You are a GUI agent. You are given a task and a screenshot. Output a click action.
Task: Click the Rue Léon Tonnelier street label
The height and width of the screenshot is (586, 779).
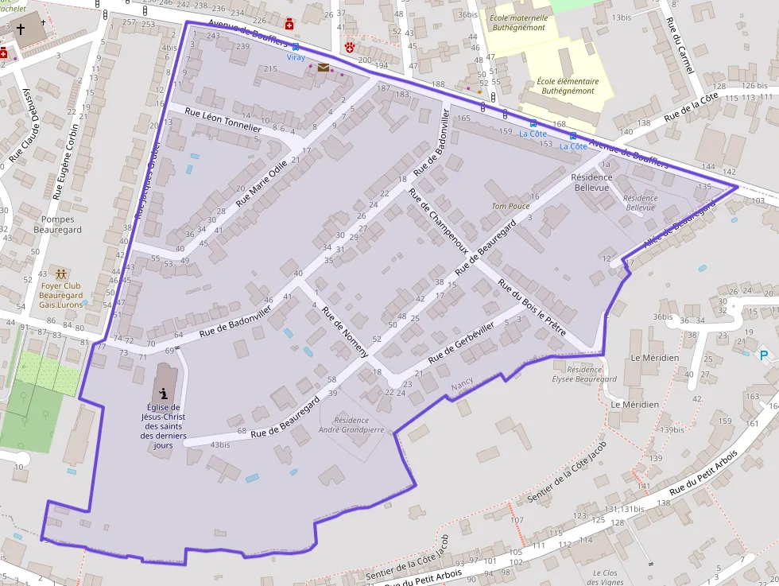coord(223,120)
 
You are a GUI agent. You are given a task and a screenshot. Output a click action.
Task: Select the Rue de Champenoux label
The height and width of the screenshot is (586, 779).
coord(438,220)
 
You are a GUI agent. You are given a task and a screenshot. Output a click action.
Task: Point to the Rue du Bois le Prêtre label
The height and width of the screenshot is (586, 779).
coord(531,307)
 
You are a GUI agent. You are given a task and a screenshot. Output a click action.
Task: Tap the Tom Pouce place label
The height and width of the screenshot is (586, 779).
coord(510,207)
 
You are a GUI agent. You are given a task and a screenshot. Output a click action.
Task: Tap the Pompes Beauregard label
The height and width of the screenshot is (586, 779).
coord(57,224)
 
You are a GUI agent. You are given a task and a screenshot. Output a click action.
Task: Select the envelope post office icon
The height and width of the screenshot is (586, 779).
coord(323,68)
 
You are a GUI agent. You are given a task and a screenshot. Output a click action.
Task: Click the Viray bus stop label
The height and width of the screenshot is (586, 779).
coord(296,58)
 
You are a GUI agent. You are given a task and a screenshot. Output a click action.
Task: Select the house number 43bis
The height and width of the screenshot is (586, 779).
coord(220,444)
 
